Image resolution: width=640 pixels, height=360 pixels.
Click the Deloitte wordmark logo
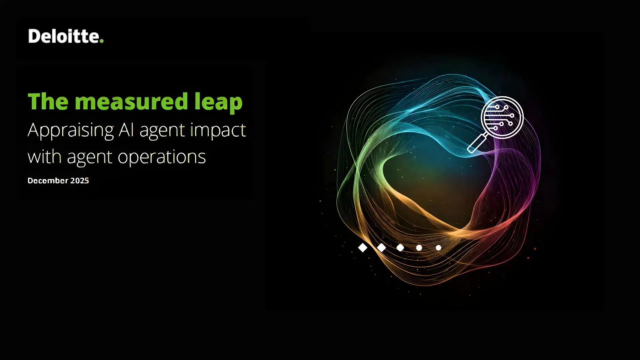click(66, 36)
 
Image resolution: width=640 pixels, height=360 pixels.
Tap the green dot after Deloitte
click(102, 41)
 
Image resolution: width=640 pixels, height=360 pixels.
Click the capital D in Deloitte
click(34, 36)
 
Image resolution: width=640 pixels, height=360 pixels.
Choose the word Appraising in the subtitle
click(71, 130)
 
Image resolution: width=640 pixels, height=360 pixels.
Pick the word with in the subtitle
click(44, 156)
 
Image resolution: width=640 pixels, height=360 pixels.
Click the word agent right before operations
click(89, 157)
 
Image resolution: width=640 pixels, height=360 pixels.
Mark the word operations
click(162, 157)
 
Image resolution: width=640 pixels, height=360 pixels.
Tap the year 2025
click(80, 181)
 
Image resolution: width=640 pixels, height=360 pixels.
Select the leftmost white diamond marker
click(363, 248)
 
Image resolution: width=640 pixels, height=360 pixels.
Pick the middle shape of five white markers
click(400, 248)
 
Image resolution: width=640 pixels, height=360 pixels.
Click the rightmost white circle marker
click(438, 248)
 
